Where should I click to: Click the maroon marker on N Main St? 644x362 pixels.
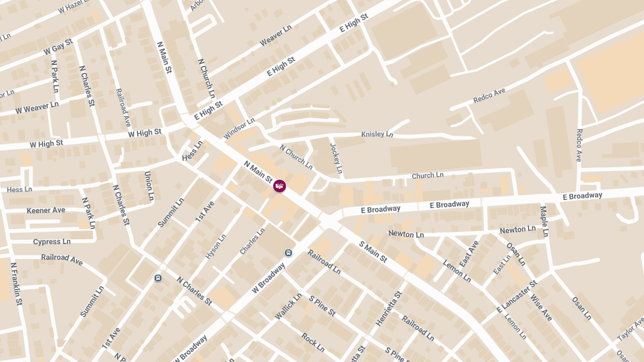(280, 186)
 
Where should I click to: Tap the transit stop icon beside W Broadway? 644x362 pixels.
(289, 253)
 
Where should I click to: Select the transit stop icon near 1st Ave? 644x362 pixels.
(158, 278)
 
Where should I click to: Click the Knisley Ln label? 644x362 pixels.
(377, 134)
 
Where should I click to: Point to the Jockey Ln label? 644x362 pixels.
(336, 158)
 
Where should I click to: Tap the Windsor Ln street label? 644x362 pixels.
(239, 129)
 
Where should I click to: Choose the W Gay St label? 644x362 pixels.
(58, 47)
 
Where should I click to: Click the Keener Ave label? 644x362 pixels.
(46, 210)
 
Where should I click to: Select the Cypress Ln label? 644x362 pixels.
(52, 242)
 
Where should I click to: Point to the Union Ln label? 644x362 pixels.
(149, 186)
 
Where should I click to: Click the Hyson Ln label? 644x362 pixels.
(216, 246)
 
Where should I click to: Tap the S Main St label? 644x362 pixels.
(373, 252)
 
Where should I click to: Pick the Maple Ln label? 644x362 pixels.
(544, 221)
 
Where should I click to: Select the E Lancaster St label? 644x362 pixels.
(516, 297)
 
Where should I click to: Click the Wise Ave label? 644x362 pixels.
(541, 307)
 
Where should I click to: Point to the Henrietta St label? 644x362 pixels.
(389, 309)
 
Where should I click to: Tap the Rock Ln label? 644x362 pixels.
(312, 342)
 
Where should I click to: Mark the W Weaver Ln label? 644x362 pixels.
(37, 107)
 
